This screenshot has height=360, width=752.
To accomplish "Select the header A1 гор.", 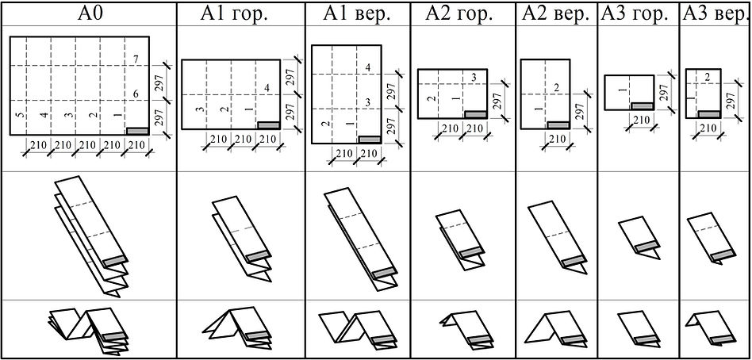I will click(240, 13).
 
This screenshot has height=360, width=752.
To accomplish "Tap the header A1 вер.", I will click(357, 13).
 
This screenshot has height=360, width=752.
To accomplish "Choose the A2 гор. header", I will click(462, 13).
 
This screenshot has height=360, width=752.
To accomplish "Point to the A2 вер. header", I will click(557, 13).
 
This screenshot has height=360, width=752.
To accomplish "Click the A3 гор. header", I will click(637, 13).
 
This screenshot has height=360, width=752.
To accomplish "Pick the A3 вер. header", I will click(716, 13).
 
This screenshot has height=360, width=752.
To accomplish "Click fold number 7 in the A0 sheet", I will click(136, 60).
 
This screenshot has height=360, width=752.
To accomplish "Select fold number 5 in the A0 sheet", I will click(17, 116).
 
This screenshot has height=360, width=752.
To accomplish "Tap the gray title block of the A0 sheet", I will click(136, 129).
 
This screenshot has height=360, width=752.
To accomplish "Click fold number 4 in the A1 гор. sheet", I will click(267, 87).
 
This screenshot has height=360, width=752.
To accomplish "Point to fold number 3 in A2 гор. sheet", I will click(474, 77).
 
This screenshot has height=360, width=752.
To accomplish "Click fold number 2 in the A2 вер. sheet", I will click(557, 87).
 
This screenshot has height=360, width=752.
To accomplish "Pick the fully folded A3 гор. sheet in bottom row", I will click(640, 326).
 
